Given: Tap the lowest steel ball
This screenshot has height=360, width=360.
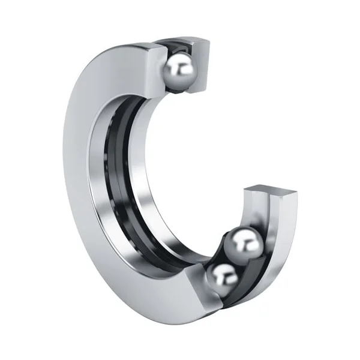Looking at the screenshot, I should (x=223, y=278).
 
